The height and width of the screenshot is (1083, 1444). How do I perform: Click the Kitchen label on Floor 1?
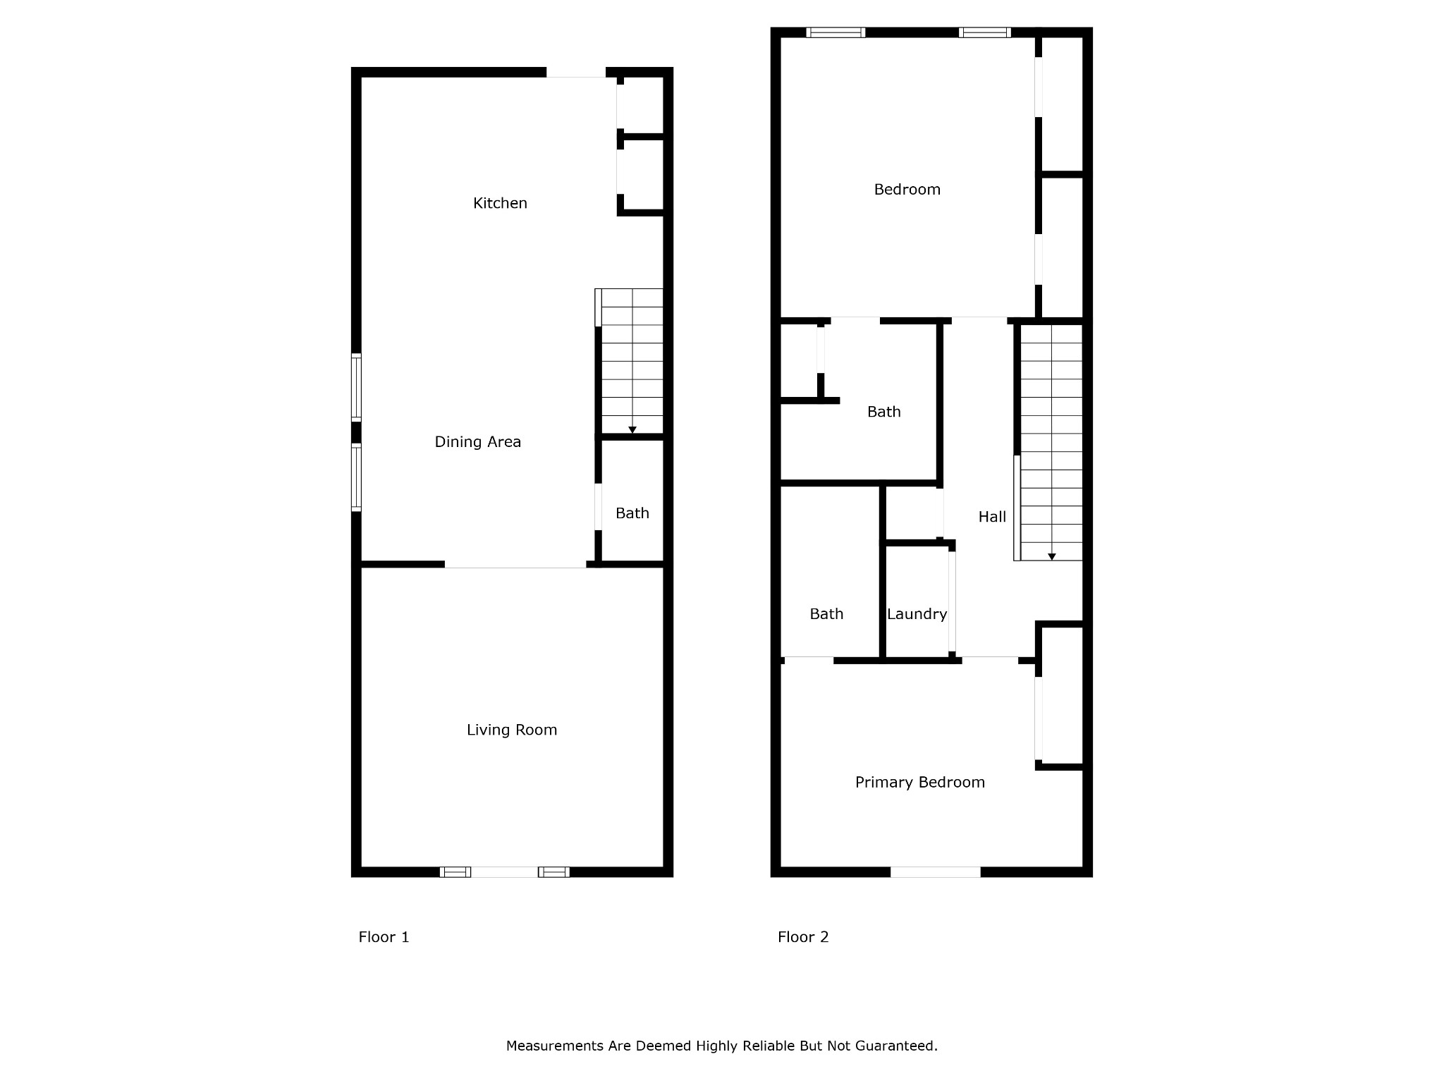tap(500, 203)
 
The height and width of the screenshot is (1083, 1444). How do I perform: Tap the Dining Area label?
tap(477, 442)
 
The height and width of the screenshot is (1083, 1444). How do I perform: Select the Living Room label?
tap(512, 730)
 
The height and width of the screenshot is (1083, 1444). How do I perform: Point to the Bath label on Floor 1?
tap(632, 513)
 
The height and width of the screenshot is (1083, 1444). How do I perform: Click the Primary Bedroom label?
tap(919, 783)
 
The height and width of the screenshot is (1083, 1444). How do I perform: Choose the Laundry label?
tap(917, 614)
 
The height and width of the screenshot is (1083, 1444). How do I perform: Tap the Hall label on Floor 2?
tap(992, 517)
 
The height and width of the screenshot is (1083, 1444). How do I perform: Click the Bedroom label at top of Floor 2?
tap(907, 190)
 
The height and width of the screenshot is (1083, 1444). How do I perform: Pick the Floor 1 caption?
tap(384, 937)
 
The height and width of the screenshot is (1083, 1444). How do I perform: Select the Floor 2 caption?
tap(803, 937)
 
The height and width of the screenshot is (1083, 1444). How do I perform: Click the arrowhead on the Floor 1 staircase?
tap(632, 430)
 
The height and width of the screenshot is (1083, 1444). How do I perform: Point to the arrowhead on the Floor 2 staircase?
tap(1051, 557)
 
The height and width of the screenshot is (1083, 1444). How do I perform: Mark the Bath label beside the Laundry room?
tap(826, 614)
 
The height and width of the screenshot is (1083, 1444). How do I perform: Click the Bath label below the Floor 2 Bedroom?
tap(883, 412)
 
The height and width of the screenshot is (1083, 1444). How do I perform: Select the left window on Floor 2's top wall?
tap(836, 32)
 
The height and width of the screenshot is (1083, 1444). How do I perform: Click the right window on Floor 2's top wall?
tap(984, 32)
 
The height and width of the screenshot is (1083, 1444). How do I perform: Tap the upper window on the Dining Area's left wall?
tap(356, 388)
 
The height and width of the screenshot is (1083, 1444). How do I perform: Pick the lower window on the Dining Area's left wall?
tap(356, 477)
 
